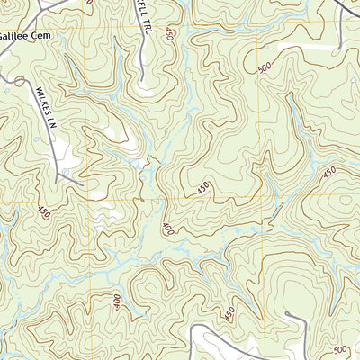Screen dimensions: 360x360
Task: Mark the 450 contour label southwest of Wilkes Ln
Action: pyautogui.click(x=44, y=212)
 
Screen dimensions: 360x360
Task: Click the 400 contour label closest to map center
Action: pyautogui.click(x=167, y=229)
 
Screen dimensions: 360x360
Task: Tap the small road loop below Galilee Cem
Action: pyautogui.click(x=11, y=79)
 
